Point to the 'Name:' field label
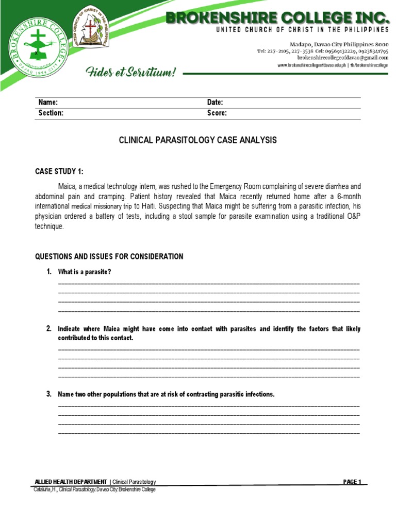pyautogui.click(x=48, y=102)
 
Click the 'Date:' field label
pyautogui.click(x=215, y=102)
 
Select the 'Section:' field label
pyautogui.click(x=51, y=113)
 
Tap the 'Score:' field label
pyautogui.click(x=217, y=113)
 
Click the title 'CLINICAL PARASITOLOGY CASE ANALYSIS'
pyautogui.click(x=198, y=140)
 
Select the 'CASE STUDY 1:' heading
pyautogui.click(x=58, y=171)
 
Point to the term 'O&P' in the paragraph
pyautogui.click(x=351, y=216)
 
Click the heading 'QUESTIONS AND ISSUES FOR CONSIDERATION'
pyautogui.click(x=109, y=256)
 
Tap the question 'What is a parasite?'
pyautogui.click(x=84, y=272)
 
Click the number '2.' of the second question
pyautogui.click(x=48, y=328)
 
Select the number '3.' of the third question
pyautogui.click(x=48, y=394)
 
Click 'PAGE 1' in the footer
pyautogui.click(x=352, y=482)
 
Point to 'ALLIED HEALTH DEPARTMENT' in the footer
pyautogui.click(x=71, y=482)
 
